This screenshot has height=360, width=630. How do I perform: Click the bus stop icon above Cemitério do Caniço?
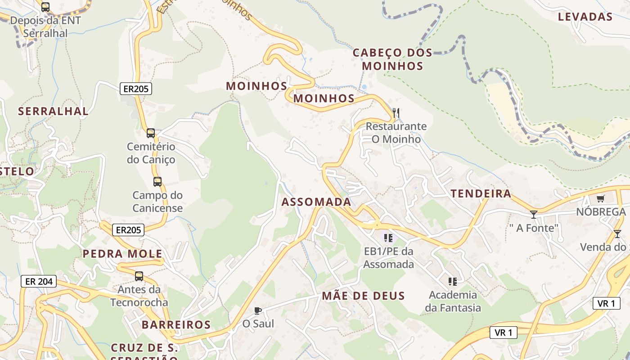(x=151, y=133)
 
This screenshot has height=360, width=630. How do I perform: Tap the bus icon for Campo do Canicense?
(x=157, y=182)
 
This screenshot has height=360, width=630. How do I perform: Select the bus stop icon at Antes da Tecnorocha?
(x=139, y=276)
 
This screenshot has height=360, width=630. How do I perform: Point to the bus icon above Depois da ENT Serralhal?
(x=45, y=7)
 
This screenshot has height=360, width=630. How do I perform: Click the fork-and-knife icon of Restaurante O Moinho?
(x=396, y=112)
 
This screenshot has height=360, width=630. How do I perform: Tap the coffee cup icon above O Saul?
(x=258, y=310)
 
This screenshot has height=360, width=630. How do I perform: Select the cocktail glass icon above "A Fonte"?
(x=534, y=215)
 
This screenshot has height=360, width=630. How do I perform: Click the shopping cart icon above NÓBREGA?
(x=600, y=199)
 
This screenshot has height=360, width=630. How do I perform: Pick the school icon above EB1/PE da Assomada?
(x=388, y=238)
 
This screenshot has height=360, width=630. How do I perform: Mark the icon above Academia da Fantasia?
(x=453, y=282)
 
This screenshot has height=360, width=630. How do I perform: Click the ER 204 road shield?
(x=39, y=282)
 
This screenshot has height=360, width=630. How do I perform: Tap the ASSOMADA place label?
(x=316, y=202)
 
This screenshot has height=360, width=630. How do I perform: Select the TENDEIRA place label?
(x=481, y=194)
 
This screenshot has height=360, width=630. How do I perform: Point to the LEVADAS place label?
(x=585, y=17)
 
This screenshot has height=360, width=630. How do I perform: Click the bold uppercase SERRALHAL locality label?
(x=53, y=112)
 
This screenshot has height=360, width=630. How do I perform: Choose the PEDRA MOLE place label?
(x=122, y=254)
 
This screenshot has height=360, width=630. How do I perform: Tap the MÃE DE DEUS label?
(x=363, y=296)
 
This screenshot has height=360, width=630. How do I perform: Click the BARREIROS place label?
(x=176, y=325)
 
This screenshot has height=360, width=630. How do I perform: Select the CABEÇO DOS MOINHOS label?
(x=392, y=59)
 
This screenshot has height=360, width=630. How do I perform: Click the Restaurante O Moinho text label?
(x=396, y=133)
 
